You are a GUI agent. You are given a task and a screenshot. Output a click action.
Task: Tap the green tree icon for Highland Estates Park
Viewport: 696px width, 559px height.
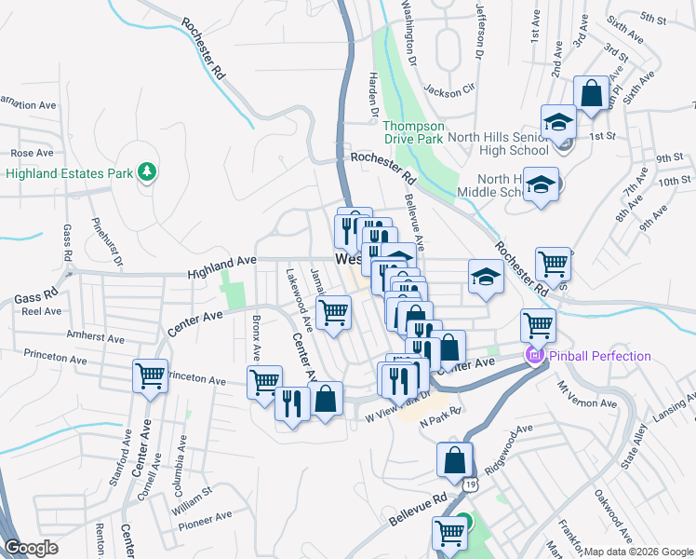146,171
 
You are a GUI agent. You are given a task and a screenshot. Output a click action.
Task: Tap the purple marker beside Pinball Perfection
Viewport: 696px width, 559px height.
534,355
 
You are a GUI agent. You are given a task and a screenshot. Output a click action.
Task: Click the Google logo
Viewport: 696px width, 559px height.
32,548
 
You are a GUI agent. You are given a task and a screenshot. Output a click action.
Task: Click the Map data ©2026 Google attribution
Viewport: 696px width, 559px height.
638,552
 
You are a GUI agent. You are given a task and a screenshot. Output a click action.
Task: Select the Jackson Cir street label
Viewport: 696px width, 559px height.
449,90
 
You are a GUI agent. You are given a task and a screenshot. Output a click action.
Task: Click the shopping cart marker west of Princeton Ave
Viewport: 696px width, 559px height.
150,375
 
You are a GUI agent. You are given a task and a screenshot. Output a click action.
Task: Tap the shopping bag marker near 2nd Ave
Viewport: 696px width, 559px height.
591,93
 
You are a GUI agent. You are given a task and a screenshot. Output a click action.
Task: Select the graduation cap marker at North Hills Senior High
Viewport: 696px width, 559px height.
558,122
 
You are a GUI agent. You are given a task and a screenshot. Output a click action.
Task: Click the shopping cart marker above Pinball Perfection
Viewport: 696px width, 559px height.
538,325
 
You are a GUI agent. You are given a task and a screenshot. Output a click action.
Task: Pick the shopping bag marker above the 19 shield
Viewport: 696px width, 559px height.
454,459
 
